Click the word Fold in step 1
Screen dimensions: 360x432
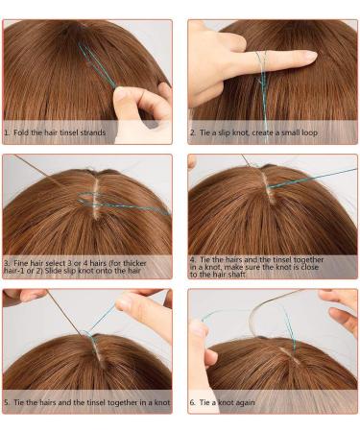(x=21, y=132)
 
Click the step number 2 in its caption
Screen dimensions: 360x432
(x=192, y=132)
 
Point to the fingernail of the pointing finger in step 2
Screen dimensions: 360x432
(x=310, y=56)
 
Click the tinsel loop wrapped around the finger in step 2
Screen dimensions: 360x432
(x=262, y=60)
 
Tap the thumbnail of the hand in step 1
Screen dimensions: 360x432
(x=119, y=94)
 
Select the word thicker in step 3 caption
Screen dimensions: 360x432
(x=134, y=263)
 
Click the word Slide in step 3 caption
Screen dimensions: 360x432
(x=53, y=271)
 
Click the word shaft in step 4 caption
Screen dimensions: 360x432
(x=236, y=275)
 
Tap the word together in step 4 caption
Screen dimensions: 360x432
(x=308, y=259)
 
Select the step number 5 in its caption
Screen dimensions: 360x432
(x=7, y=402)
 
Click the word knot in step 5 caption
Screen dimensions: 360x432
(x=162, y=402)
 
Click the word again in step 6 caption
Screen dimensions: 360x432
(x=245, y=402)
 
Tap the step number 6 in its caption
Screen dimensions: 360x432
(x=192, y=402)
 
